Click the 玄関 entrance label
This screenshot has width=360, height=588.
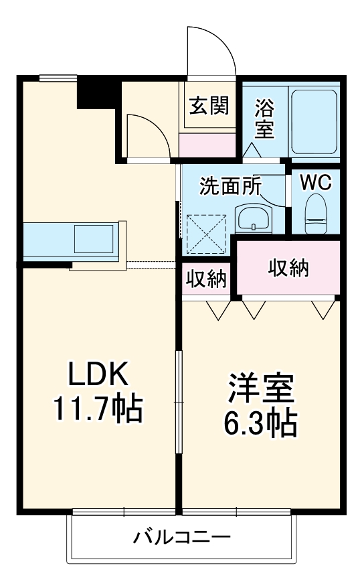point(208,106)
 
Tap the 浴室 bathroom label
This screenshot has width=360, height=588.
point(265,119)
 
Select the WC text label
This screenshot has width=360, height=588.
point(315,183)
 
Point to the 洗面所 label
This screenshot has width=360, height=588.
point(231,186)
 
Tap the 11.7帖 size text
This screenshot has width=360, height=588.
point(98,409)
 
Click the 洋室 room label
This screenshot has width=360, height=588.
point(261,389)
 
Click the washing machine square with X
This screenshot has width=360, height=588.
point(205,232)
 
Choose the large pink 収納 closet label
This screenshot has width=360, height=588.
point(288,267)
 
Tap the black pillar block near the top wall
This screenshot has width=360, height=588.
point(98,92)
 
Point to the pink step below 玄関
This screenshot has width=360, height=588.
point(207,142)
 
